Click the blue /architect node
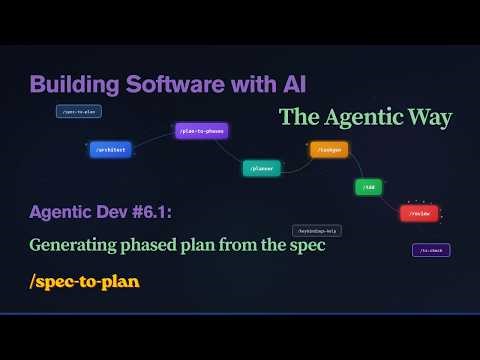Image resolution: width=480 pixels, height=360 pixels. click(111, 149)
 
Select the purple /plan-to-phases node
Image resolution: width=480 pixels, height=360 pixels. click(202, 130)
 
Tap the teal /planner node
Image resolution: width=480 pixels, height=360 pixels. click(261, 168)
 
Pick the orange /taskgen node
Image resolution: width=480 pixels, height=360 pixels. click(328, 150)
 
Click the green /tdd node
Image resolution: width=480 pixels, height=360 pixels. click(367, 187)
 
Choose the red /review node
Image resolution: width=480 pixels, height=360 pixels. click(419, 213)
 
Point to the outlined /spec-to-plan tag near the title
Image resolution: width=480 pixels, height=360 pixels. click(77, 112)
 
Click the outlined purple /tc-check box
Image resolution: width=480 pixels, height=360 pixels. click(431, 250)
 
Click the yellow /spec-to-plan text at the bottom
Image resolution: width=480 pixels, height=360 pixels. click(85, 281)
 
